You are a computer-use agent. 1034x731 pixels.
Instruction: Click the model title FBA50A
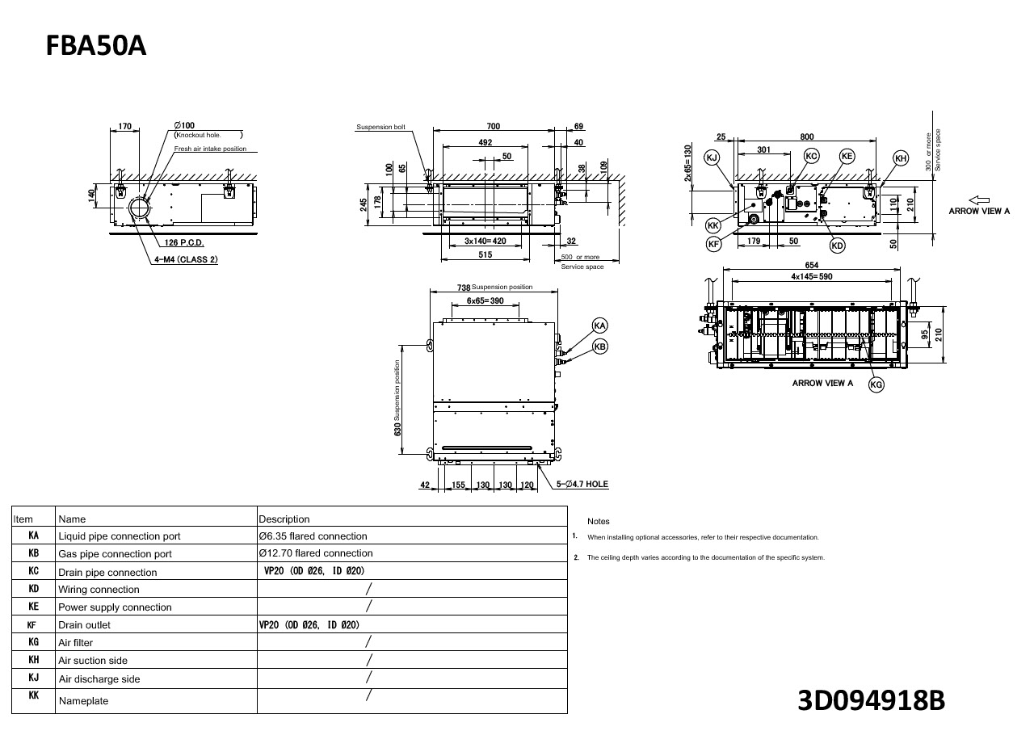[x=97, y=46]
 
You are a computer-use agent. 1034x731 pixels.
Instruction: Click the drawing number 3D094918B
[x=871, y=700]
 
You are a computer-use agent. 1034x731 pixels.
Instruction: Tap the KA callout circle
[x=599, y=326]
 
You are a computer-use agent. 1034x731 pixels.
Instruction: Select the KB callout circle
[x=599, y=347]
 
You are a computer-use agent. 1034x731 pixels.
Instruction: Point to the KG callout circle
[x=876, y=385]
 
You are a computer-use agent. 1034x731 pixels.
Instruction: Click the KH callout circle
[x=901, y=158]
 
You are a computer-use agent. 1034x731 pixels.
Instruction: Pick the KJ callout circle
[x=712, y=158]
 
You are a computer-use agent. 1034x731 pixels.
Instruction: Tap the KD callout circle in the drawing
[x=837, y=245]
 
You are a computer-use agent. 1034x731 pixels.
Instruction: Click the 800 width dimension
[x=806, y=137]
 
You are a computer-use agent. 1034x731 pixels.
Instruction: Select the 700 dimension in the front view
[x=493, y=127]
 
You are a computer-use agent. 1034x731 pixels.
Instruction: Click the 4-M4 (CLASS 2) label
[x=186, y=259]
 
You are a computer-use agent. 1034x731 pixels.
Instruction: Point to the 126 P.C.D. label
[x=184, y=242]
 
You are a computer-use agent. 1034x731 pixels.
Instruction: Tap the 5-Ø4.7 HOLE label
[x=582, y=485]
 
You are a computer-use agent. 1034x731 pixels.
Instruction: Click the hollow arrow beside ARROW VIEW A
[x=979, y=200]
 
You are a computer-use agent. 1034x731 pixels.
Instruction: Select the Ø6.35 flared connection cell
[x=313, y=536]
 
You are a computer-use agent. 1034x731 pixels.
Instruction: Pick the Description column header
[x=284, y=519]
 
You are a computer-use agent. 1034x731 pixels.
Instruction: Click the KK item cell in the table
[x=33, y=695]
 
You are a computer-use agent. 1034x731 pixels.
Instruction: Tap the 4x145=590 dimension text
[x=812, y=276]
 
